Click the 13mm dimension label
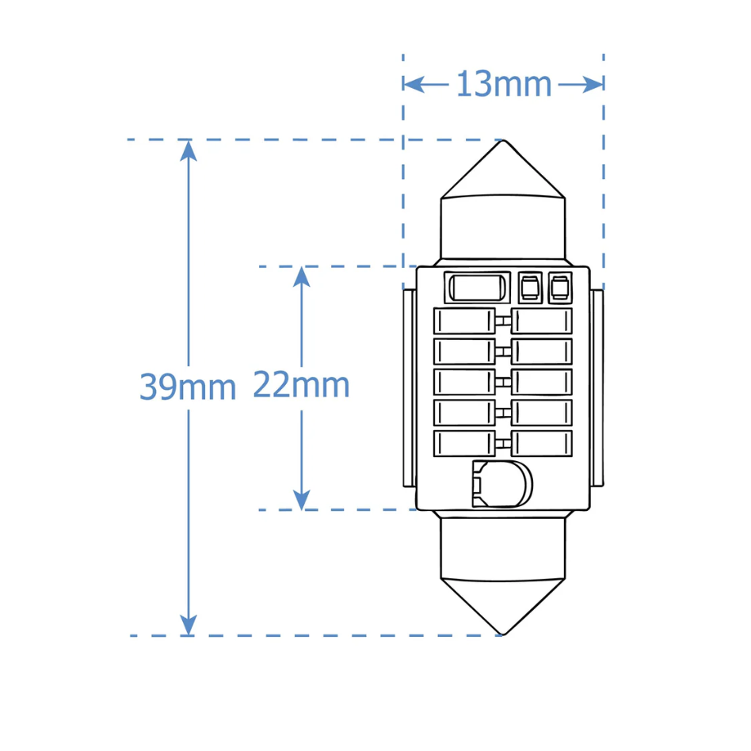click(x=504, y=84)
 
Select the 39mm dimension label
click(x=188, y=387)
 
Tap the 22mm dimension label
click(x=301, y=384)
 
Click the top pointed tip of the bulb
click(x=503, y=140)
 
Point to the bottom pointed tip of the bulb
click(x=503, y=635)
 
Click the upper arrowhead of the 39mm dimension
click(x=189, y=150)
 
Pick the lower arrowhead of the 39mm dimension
click(x=189, y=625)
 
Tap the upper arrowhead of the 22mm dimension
click(x=301, y=276)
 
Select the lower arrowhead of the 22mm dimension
click(x=301, y=500)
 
